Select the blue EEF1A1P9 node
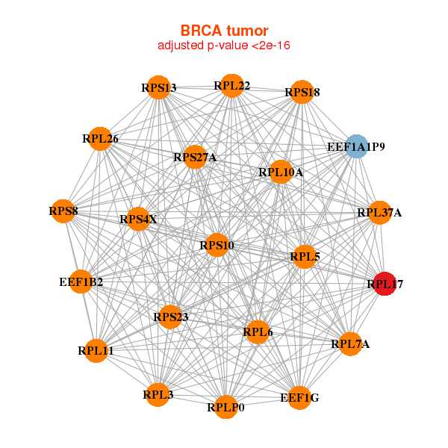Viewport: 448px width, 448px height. coord(357,146)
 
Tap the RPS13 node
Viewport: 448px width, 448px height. coord(158,87)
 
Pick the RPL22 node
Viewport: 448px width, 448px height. coord(231,86)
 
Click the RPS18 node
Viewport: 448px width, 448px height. coord(301,92)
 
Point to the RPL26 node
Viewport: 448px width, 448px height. coord(100,138)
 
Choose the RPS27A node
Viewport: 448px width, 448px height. coord(194,157)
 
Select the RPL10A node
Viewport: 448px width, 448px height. coord(281,172)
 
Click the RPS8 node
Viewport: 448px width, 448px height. coord(64,211)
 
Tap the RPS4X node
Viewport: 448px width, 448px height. coord(139,219)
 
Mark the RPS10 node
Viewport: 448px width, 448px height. coord(217,246)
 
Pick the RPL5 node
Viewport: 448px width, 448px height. coord(304,256)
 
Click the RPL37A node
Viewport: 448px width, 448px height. coord(379,213)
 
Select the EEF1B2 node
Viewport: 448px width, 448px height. coord(81,281)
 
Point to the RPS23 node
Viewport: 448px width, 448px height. coord(170,317)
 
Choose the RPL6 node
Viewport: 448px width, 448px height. coord(258,332)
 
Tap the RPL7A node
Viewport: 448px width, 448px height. coord(349,343)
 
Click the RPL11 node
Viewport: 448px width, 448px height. coord(96,350)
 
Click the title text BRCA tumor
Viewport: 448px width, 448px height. coord(224,31)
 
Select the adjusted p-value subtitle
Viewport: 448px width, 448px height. coord(224,46)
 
